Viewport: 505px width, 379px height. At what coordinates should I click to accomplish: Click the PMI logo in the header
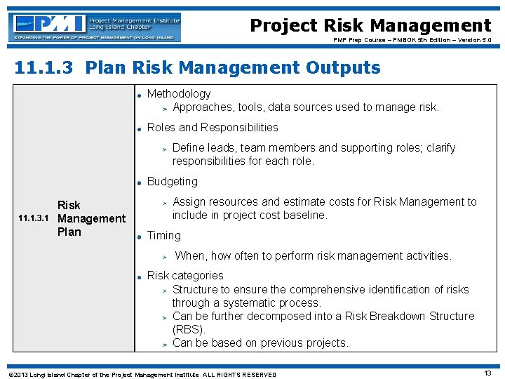(95, 27)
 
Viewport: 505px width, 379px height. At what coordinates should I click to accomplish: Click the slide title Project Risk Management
(370, 26)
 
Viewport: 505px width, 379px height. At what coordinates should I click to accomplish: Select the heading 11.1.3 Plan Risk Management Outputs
(197, 68)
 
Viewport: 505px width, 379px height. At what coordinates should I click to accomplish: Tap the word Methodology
(178, 93)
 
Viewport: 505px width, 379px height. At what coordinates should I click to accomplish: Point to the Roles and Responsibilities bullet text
(213, 127)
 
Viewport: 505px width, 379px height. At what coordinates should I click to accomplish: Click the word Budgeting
(172, 181)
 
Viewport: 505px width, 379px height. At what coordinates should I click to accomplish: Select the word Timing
(163, 235)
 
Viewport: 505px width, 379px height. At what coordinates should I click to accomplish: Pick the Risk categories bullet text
(185, 276)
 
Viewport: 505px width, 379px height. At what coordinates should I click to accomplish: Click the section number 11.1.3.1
(33, 219)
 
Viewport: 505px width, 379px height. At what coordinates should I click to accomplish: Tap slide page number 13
(487, 373)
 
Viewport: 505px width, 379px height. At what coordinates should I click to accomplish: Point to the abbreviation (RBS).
(189, 329)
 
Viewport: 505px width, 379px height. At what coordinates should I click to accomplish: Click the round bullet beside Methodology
(140, 95)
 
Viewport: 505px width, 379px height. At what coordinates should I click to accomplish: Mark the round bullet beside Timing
(140, 237)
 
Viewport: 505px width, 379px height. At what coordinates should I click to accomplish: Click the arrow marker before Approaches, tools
(164, 108)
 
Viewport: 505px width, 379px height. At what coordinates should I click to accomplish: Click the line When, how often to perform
(313, 255)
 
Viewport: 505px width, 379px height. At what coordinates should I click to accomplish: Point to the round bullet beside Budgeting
(140, 182)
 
